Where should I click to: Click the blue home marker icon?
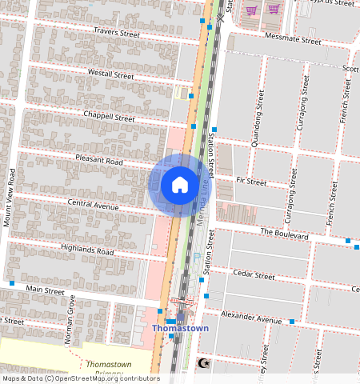180,185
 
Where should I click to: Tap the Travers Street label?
117,33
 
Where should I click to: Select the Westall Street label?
110,74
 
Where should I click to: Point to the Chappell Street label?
109,117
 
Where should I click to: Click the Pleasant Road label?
99,161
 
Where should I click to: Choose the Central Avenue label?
93,205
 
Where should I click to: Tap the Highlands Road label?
87,250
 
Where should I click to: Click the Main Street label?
45,288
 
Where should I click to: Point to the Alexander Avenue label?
251,318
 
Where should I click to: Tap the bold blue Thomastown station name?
180,329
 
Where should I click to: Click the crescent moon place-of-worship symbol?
202,364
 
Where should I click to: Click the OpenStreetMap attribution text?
81,378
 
